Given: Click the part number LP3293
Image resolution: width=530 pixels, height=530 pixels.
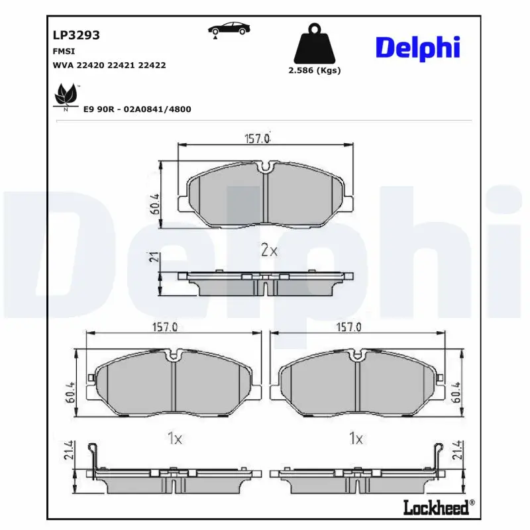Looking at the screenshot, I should (x=76, y=35).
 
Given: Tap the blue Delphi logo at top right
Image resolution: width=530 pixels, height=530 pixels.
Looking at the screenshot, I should (x=417, y=48).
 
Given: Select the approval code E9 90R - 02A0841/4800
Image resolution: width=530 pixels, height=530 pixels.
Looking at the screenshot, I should (x=137, y=109).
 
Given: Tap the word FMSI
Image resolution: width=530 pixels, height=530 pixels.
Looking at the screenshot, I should (x=64, y=51).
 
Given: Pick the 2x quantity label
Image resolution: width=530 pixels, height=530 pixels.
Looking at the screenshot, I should (x=268, y=250).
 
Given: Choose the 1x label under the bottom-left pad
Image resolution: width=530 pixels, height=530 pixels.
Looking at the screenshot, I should (x=174, y=439).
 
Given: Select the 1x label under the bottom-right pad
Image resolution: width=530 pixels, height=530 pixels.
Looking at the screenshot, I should (x=356, y=439).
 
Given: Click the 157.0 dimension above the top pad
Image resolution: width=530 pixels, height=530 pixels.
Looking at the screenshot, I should (x=258, y=139).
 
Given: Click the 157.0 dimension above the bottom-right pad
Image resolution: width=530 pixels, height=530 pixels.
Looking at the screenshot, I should (x=348, y=327).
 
